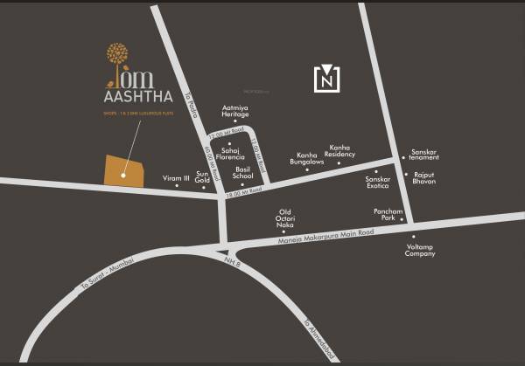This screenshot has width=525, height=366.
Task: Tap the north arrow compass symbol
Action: pos(325,79)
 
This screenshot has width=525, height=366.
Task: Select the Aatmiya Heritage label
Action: pos(235,111)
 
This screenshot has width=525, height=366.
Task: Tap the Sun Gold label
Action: pos(203,178)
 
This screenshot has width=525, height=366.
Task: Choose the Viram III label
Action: pos(176,178)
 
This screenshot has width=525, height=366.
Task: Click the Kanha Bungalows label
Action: pos(307,158)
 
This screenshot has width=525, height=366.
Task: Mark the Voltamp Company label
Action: pos(420,250)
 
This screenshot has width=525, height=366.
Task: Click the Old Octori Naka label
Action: pos(284,218)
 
